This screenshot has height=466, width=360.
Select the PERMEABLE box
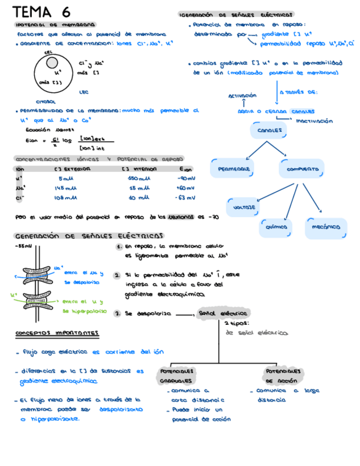point(234,169)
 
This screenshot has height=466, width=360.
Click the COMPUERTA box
point(302,169)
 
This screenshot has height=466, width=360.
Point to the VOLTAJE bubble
point(245,208)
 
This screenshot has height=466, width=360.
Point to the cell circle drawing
point(54,74)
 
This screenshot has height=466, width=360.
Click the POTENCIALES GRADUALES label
point(176,375)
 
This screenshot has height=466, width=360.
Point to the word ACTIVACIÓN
point(242,96)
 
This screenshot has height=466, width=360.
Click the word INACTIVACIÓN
point(314,120)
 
